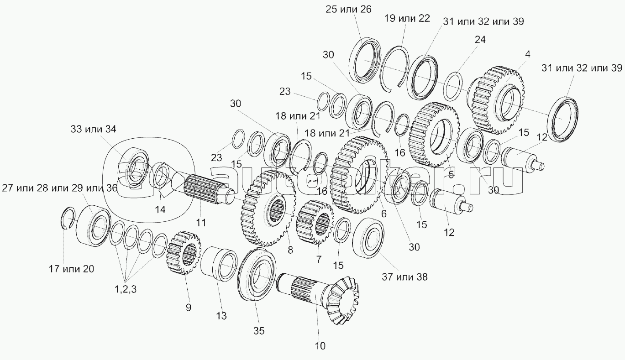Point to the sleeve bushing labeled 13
point(220,265)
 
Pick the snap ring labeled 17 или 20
point(68,217)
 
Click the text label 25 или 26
point(349,9)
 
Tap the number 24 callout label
point(479,40)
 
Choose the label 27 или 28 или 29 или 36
point(59,188)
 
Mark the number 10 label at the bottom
point(320,346)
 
